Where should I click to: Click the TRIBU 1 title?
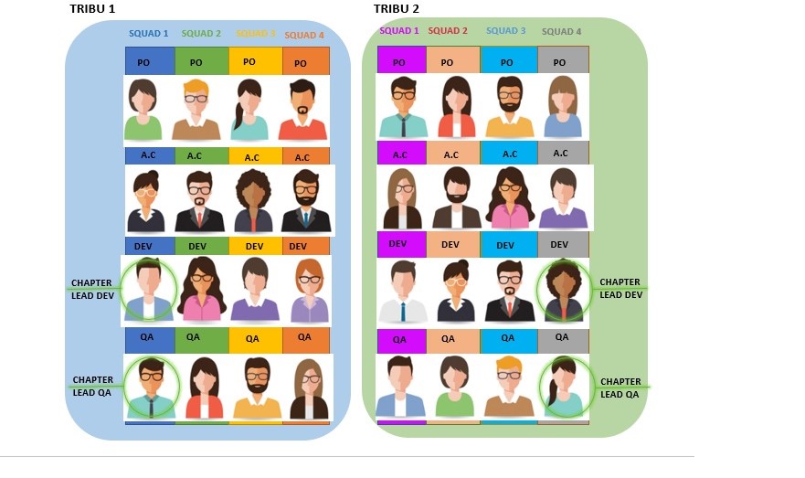coord(93,9)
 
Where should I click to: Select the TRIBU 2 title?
coord(397,9)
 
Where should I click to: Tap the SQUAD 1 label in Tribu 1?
coord(148,35)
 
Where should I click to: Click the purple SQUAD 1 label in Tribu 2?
coord(398,31)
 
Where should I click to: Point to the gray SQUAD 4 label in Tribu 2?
coord(561,32)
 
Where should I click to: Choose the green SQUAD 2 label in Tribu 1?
coord(201,35)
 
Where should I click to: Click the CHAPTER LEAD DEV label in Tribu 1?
coord(93,289)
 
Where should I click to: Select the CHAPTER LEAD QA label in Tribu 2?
coord(620,388)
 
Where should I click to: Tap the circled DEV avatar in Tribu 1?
coord(148,290)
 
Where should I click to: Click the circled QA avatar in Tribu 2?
coord(563,387)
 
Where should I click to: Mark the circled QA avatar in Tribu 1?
coord(150,387)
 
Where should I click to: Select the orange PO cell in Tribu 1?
coord(305,61)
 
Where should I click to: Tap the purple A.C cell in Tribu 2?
coord(400,154)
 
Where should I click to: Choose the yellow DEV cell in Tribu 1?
coord(254,246)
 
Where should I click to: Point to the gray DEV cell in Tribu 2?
coord(559,244)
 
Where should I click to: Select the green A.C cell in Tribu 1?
coord(195,156)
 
